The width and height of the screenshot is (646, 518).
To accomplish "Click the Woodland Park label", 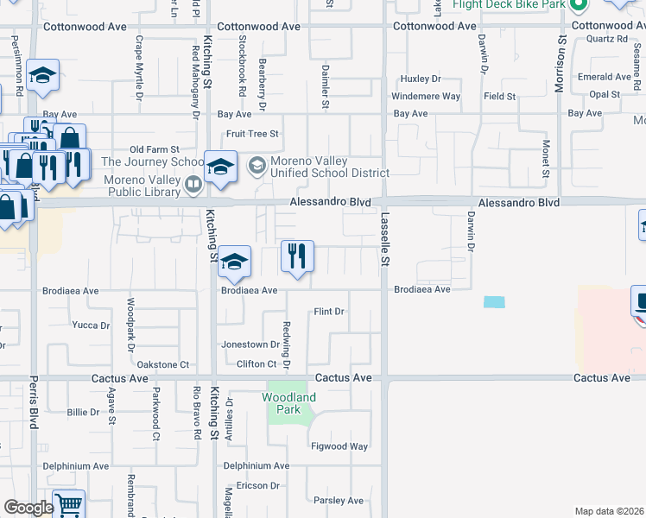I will (x=289, y=403).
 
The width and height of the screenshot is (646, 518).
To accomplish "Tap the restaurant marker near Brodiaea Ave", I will (x=297, y=256).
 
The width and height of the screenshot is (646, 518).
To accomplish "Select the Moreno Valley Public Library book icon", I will (x=194, y=184).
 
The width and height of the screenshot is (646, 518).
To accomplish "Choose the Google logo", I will (x=28, y=508).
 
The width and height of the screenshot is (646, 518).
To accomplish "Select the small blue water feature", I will (x=494, y=302).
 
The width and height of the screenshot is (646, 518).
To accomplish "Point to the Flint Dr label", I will (x=329, y=311).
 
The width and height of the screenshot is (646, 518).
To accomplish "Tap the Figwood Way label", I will (x=340, y=446).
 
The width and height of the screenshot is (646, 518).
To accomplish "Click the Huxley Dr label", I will (x=421, y=79).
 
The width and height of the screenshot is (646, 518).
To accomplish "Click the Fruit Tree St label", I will (x=252, y=134).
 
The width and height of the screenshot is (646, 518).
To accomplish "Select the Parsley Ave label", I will (x=339, y=500).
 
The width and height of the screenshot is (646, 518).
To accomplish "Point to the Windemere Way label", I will (x=426, y=97).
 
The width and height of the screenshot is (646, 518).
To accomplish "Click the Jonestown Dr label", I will (x=250, y=344).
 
